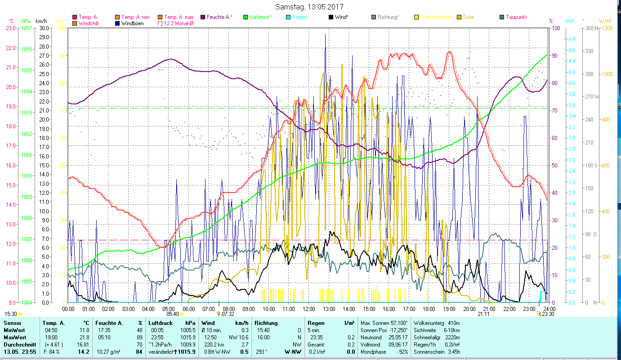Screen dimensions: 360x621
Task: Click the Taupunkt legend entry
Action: click(516, 17)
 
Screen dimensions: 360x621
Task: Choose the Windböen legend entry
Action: click(132, 23)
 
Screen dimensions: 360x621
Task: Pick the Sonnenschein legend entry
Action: click(436, 17)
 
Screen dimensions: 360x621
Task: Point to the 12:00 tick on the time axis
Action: click(308, 309)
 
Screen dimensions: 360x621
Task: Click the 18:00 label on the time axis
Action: click(429, 309)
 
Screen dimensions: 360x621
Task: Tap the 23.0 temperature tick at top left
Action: click(11, 28)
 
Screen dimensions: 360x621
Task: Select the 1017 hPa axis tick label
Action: click(27, 28)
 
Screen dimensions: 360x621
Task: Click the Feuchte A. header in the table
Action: click(108, 323)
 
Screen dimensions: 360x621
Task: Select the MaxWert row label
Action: click(14, 337)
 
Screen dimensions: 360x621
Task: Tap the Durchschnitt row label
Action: click(18, 345)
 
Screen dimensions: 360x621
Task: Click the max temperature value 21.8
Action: click(84, 337)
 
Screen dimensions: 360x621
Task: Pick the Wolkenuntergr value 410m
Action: click(454, 323)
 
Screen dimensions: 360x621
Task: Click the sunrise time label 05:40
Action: click(173, 314)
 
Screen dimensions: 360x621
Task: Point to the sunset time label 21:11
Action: click(484, 314)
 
